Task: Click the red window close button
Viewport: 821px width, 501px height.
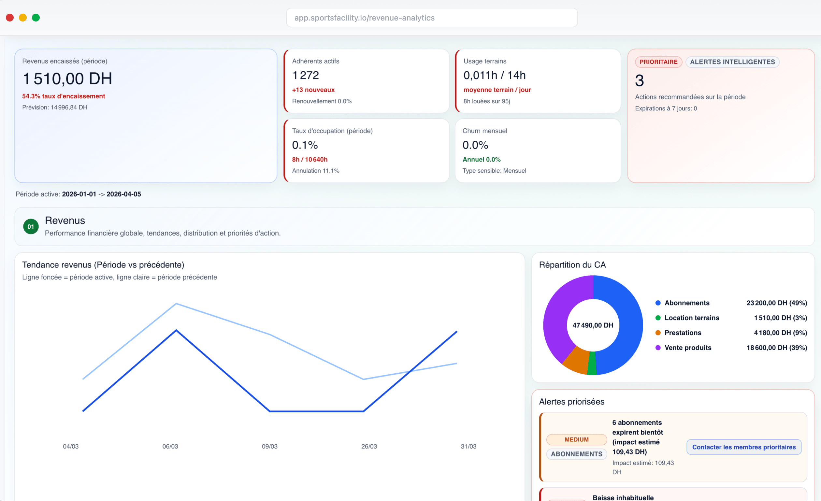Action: point(10,18)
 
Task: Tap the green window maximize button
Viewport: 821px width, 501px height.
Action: point(36,18)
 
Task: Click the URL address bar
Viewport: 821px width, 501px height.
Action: point(431,18)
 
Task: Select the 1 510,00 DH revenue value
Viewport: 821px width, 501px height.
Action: point(67,79)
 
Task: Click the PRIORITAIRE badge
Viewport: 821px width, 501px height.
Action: point(658,62)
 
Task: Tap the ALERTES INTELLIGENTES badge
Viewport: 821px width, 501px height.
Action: point(732,62)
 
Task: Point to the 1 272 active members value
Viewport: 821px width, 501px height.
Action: point(305,75)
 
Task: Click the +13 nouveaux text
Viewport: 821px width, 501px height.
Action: point(313,90)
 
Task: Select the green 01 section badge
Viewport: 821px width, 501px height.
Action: point(31,226)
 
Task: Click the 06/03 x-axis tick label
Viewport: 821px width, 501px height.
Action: point(170,446)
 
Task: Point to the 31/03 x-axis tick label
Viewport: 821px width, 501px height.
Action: point(468,446)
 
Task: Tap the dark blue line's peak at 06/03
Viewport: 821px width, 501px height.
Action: point(176,330)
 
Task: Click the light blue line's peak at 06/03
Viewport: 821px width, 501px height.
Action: point(176,304)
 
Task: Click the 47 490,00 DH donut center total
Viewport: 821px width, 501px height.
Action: point(593,325)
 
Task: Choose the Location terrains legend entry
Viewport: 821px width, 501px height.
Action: point(691,318)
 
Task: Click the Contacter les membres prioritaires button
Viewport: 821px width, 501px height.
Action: point(744,447)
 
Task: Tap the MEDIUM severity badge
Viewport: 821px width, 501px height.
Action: point(576,440)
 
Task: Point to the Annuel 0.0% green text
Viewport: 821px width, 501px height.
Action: point(481,160)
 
